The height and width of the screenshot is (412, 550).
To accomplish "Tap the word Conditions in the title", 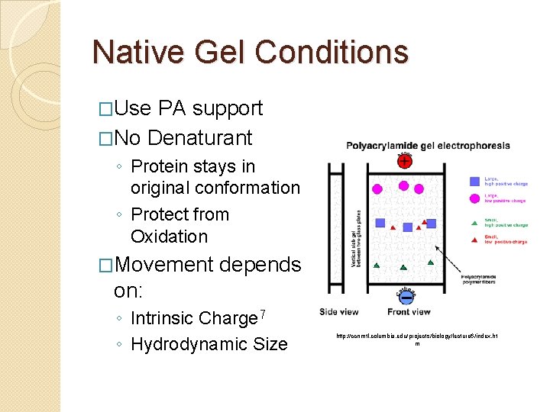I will (x=332, y=52).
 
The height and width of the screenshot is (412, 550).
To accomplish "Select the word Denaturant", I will (x=199, y=138).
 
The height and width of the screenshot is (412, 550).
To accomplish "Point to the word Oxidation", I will (x=169, y=237).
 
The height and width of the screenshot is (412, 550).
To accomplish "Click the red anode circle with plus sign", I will (x=403, y=160).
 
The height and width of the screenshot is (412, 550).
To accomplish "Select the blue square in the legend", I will (x=475, y=181).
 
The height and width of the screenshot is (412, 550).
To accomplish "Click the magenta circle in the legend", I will (x=475, y=199).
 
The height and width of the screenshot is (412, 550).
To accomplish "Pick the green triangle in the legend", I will (x=475, y=222).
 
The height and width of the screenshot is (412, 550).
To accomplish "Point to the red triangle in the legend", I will (x=475, y=240).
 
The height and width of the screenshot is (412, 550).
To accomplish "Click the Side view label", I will (x=338, y=311).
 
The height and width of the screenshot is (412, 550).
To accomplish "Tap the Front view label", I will (x=409, y=311).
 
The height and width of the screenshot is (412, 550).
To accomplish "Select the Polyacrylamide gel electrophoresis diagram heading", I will (x=417, y=145).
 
